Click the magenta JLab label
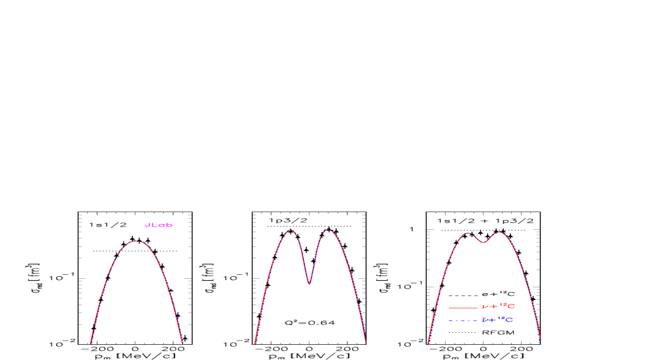159,225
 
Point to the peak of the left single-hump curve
137,241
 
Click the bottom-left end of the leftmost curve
90,343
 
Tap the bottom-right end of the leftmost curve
182,343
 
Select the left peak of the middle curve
289,231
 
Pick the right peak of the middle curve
329,231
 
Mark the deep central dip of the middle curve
309,284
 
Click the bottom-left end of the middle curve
254,343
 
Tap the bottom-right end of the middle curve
365,343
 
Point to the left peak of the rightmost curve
468,233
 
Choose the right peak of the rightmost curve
499,233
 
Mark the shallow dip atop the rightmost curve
483,242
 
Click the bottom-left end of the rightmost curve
427,343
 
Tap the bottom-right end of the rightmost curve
540,342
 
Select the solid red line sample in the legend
462,307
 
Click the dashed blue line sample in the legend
462,320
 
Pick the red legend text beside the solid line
498,307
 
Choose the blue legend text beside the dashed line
497,320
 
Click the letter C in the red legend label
511,307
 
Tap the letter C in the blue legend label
509,320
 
